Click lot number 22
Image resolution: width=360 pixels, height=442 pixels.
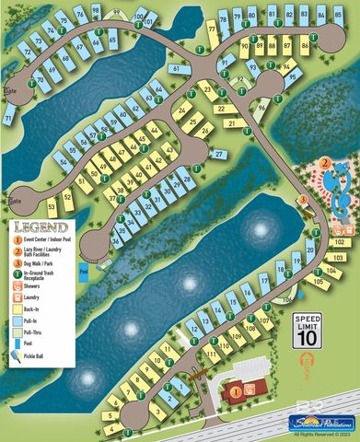point(219,108)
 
